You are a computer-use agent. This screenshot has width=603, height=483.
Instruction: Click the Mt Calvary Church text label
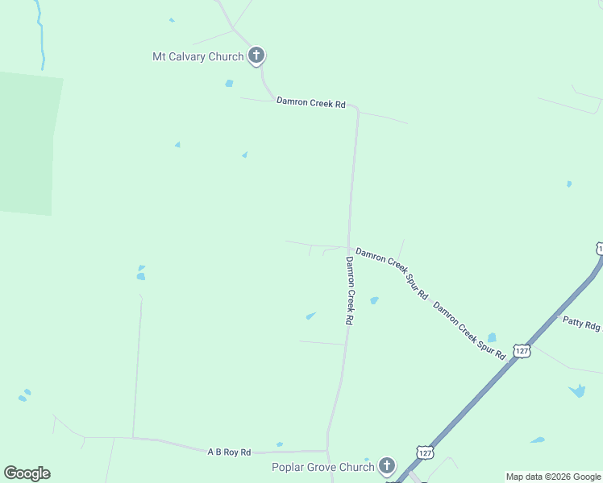click(x=198, y=56)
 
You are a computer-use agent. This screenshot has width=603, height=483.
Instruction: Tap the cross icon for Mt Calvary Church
click(x=256, y=56)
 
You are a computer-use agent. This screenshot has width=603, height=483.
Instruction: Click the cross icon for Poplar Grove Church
click(x=387, y=465)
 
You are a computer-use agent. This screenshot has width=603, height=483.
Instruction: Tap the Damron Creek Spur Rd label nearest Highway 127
click(x=468, y=330)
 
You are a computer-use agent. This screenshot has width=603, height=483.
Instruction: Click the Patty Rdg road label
click(x=581, y=324)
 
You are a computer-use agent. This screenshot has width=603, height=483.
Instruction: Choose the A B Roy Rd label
click(x=229, y=452)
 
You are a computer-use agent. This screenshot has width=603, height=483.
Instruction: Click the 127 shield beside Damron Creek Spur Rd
click(x=522, y=352)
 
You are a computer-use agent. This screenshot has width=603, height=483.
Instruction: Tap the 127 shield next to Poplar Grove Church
click(x=425, y=452)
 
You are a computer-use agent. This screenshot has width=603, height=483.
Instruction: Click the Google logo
click(x=27, y=473)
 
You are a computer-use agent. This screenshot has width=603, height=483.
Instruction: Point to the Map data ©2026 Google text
click(x=553, y=477)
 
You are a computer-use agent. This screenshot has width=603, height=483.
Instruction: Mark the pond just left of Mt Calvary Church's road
click(x=229, y=83)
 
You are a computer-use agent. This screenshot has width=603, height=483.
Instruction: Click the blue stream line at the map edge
click(x=40, y=40)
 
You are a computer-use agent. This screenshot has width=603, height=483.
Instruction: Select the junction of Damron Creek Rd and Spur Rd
click(x=348, y=248)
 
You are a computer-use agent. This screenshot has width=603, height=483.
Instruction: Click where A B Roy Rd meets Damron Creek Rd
click(x=327, y=450)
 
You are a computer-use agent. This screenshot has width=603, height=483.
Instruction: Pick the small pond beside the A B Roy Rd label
click(x=279, y=444)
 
